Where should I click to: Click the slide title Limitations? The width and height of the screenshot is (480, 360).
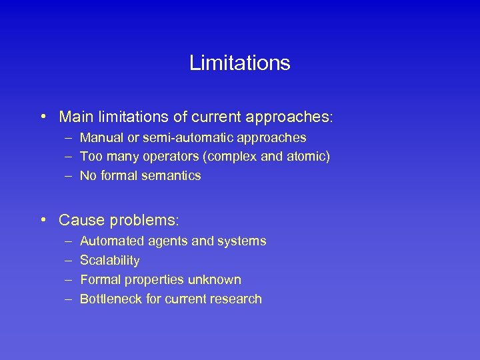point(239,63)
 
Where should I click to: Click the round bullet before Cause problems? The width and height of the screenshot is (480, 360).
point(43,219)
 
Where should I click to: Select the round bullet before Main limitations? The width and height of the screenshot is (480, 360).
point(43,117)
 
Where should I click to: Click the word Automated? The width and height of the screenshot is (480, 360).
point(109,241)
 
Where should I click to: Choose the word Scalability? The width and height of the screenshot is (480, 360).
point(109,261)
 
